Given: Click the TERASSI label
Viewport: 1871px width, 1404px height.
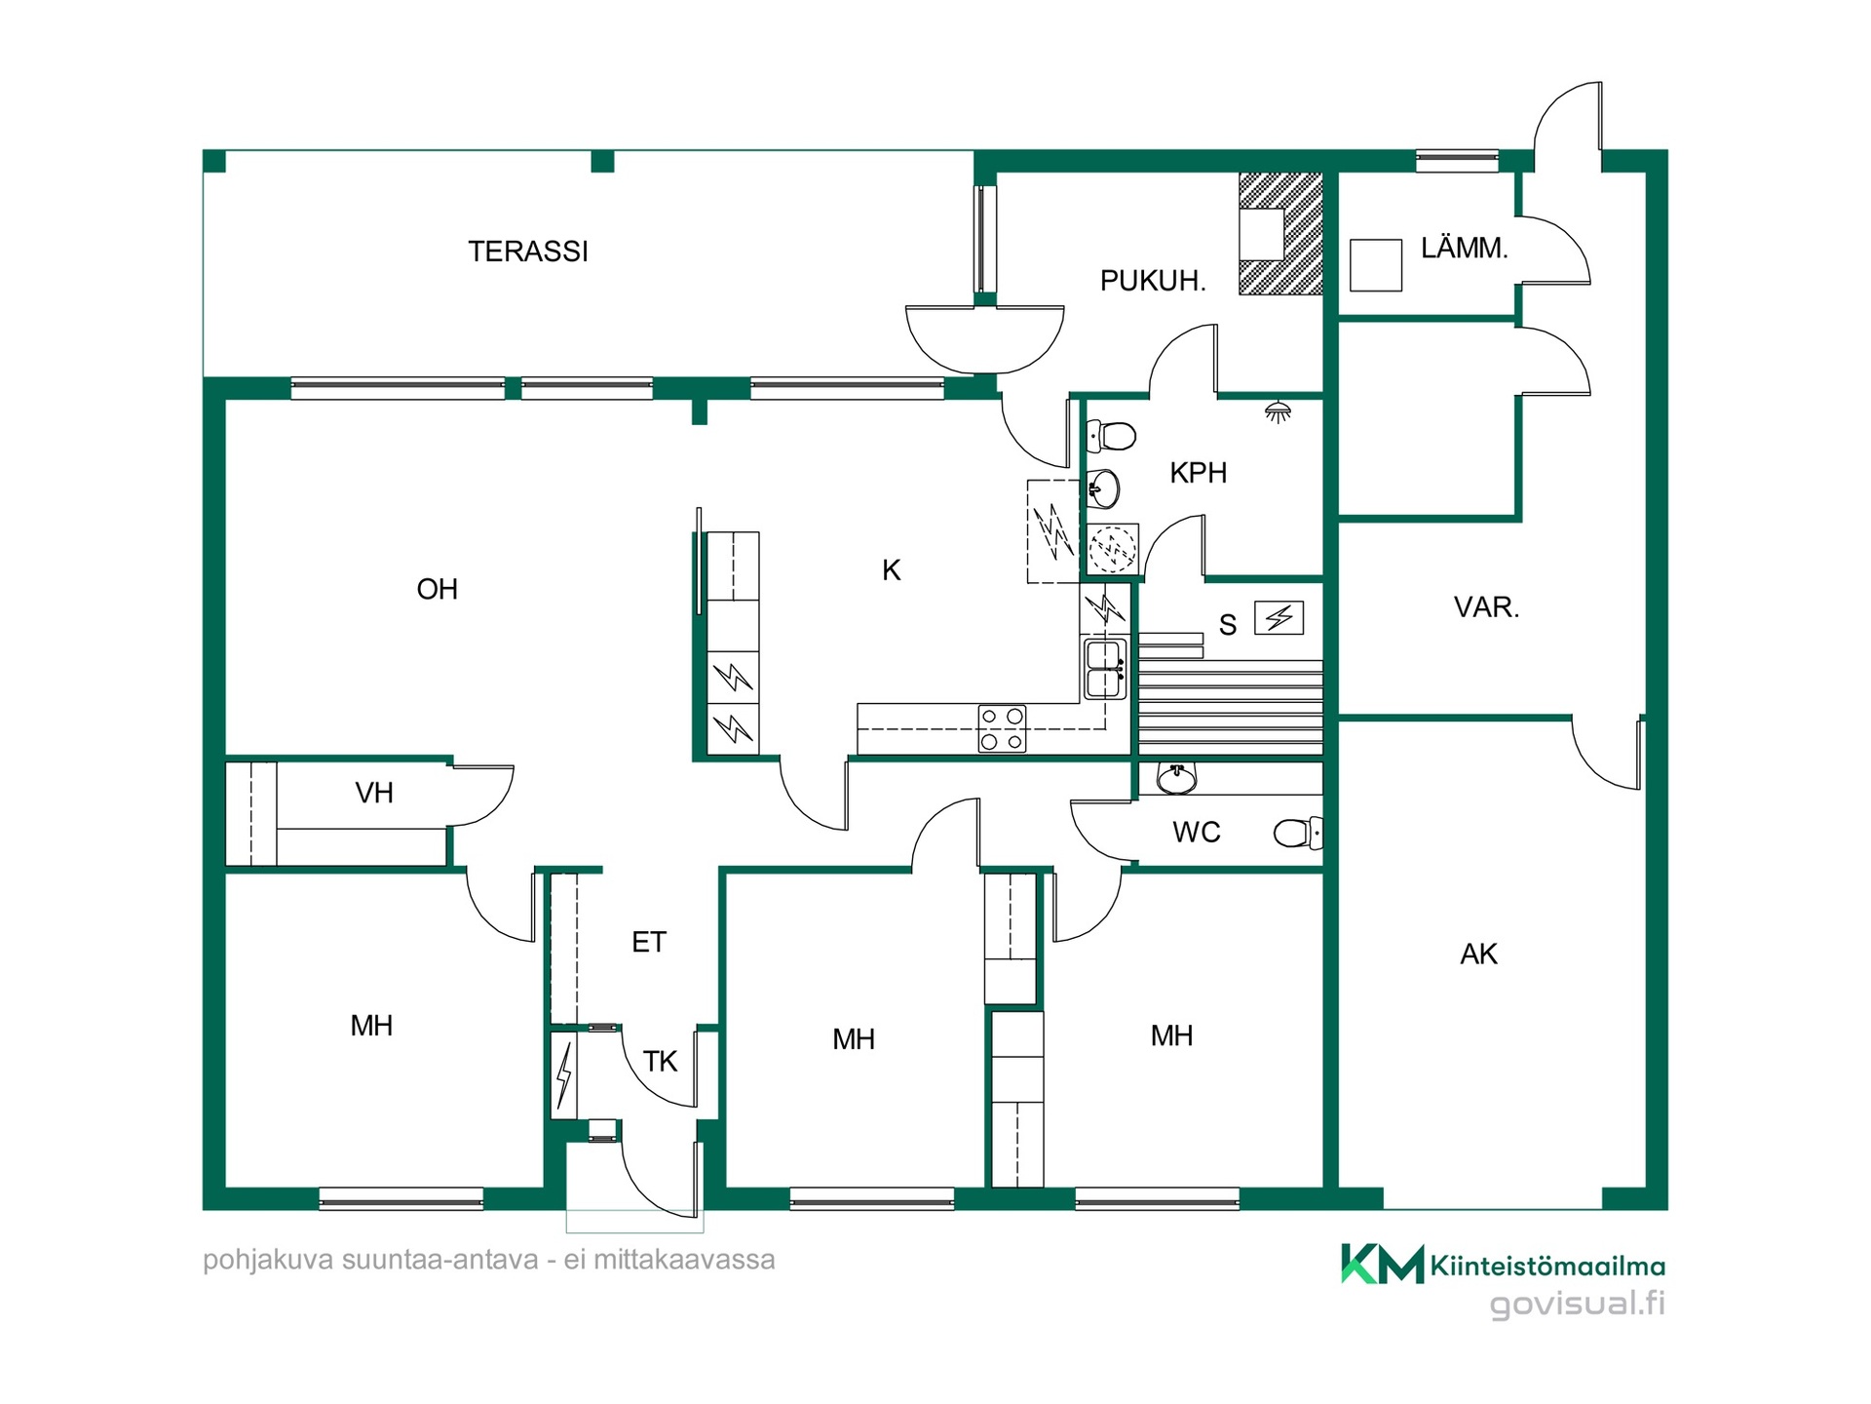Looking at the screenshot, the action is [x=528, y=252].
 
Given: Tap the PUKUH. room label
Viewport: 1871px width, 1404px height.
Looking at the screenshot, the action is [x=1153, y=281].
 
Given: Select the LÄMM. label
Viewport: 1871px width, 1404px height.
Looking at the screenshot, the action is [x=1464, y=248].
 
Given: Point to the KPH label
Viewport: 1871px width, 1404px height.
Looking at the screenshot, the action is [x=1198, y=473].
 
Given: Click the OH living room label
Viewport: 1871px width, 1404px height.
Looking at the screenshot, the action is [x=437, y=589].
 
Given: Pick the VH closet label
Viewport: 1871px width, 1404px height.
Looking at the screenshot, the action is [x=374, y=793].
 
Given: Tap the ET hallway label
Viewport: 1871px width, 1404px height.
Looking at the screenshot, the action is [x=649, y=942].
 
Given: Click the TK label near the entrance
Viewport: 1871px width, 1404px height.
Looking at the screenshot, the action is [x=660, y=1061].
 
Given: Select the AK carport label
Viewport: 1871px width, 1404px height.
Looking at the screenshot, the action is [x=1478, y=954].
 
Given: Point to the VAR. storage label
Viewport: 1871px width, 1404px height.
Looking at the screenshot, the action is [x=1486, y=607].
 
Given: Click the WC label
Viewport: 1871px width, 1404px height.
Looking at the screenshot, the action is [x=1196, y=832].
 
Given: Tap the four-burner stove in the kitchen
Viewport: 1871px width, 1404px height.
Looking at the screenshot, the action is [x=1003, y=728].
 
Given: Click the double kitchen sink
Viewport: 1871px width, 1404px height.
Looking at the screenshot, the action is [x=1104, y=668].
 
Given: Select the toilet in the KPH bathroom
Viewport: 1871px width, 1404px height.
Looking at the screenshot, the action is [x=1111, y=436].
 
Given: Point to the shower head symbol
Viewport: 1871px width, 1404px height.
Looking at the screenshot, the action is [x=1278, y=411].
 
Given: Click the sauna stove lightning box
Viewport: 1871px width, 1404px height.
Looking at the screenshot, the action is [x=1279, y=617].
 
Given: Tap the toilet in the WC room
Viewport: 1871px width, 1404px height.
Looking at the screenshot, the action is [x=1298, y=834].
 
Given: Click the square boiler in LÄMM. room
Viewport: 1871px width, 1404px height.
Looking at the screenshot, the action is [x=1375, y=265].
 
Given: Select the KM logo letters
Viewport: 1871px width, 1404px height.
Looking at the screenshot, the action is [x=1382, y=1264].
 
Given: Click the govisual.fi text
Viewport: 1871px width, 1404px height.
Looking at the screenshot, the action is [x=1578, y=1304].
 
